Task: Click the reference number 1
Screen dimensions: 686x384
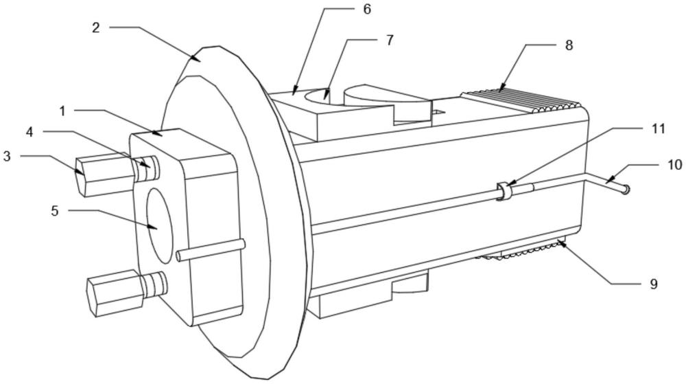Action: point(62,111)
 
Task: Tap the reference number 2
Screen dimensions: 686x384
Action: point(96,27)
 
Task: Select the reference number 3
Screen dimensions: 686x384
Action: point(7,156)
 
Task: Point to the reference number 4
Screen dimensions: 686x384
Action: point(29,131)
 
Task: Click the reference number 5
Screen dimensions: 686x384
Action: point(55,211)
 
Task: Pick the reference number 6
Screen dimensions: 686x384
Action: point(367,9)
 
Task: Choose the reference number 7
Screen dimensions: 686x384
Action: point(390,40)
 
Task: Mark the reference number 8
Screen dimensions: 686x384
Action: point(568,45)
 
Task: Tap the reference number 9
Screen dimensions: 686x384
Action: point(653,284)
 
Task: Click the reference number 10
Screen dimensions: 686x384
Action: point(674,165)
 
